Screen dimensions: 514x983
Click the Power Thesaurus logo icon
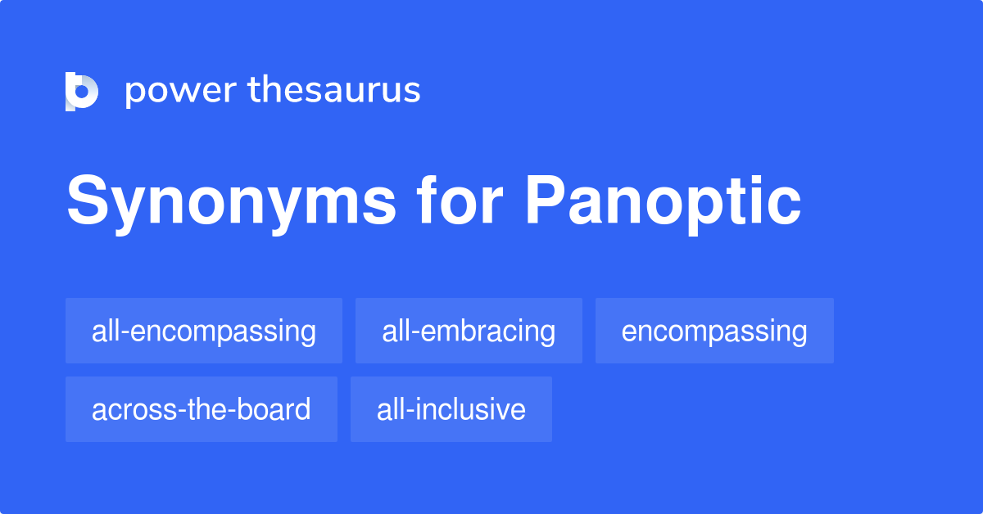tap(82, 91)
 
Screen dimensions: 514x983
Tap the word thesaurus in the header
tap(334, 90)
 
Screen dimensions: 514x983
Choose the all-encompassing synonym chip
tap(204, 331)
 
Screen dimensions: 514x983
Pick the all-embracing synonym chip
tap(469, 331)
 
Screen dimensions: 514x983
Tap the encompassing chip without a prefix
tap(714, 331)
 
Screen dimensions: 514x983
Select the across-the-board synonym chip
tap(202, 409)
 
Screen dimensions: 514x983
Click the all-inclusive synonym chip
tap(451, 409)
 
